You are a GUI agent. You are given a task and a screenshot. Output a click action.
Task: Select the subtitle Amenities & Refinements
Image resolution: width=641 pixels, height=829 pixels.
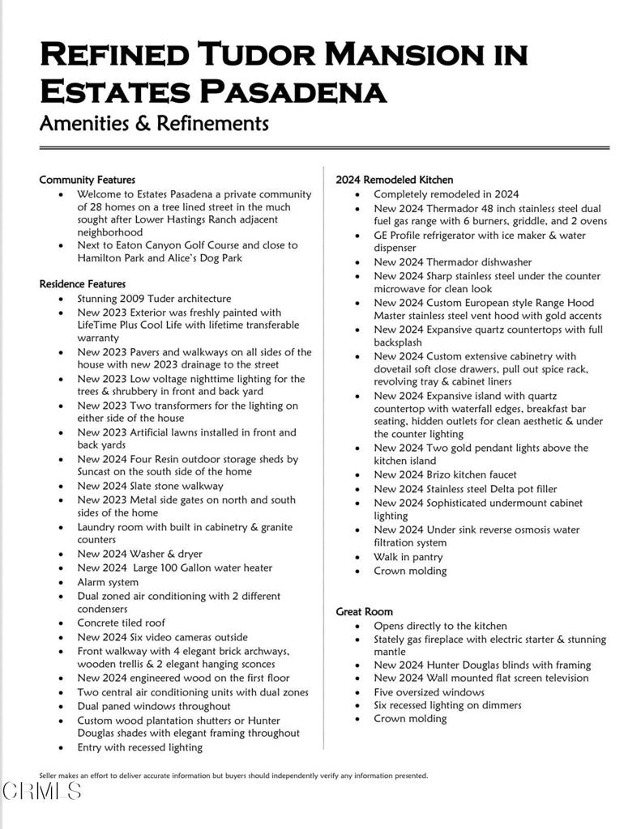click(x=154, y=123)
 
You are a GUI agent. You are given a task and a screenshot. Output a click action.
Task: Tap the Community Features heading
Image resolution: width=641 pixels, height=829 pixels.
click(x=87, y=180)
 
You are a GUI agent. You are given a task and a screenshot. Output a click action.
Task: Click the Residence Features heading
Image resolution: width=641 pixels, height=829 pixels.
click(x=83, y=284)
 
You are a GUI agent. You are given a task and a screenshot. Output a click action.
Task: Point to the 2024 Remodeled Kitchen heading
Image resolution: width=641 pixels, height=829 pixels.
click(x=395, y=180)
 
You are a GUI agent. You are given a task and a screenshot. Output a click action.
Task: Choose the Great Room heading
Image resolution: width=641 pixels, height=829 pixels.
click(x=364, y=611)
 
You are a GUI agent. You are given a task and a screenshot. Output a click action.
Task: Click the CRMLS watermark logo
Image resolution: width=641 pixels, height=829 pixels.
click(x=42, y=791)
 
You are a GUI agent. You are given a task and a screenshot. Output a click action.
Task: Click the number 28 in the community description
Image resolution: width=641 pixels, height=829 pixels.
click(x=98, y=207)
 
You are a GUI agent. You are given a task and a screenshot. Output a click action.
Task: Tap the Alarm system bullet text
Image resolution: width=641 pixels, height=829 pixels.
click(x=108, y=582)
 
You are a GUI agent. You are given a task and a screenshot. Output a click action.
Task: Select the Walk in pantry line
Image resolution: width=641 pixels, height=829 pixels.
click(x=408, y=557)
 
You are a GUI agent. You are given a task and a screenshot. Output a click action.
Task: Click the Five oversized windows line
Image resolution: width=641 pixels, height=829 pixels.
click(x=429, y=692)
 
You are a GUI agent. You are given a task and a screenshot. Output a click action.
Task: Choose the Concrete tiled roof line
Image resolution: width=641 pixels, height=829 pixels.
click(x=122, y=623)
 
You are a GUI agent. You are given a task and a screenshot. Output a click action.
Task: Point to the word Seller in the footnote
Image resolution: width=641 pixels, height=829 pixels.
click(x=49, y=776)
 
